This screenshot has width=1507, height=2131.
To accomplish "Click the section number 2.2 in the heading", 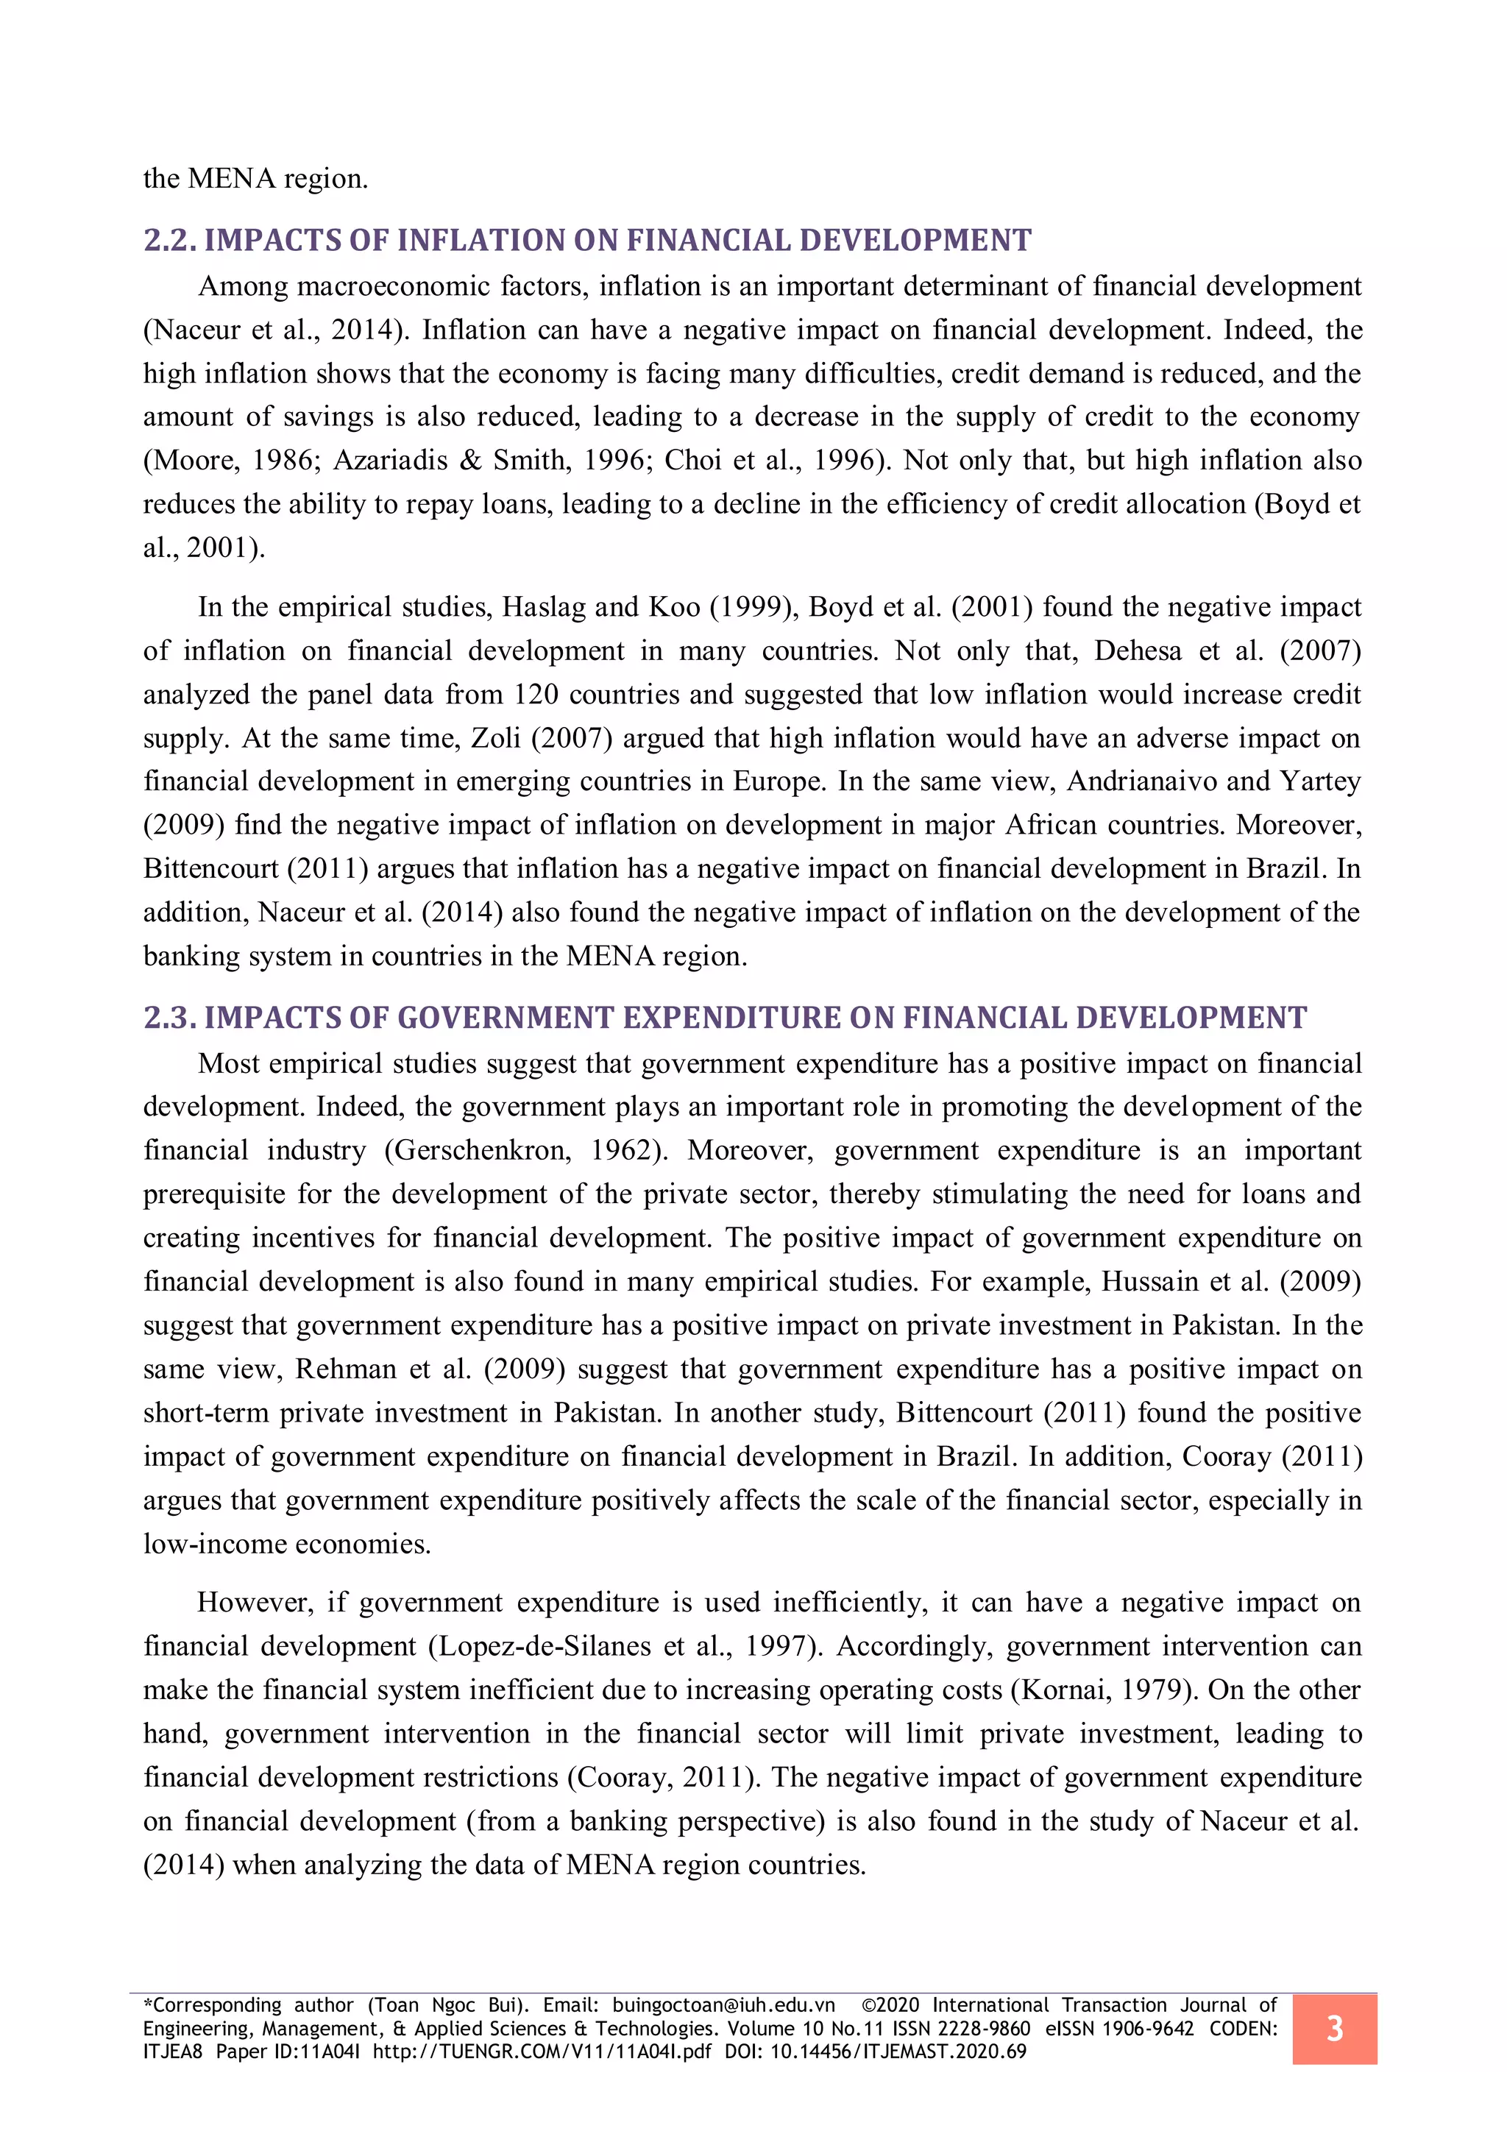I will pos(169,241).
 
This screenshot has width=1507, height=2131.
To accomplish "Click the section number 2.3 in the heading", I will pos(169,1018).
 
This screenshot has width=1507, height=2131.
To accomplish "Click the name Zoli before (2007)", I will pos(497,738).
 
